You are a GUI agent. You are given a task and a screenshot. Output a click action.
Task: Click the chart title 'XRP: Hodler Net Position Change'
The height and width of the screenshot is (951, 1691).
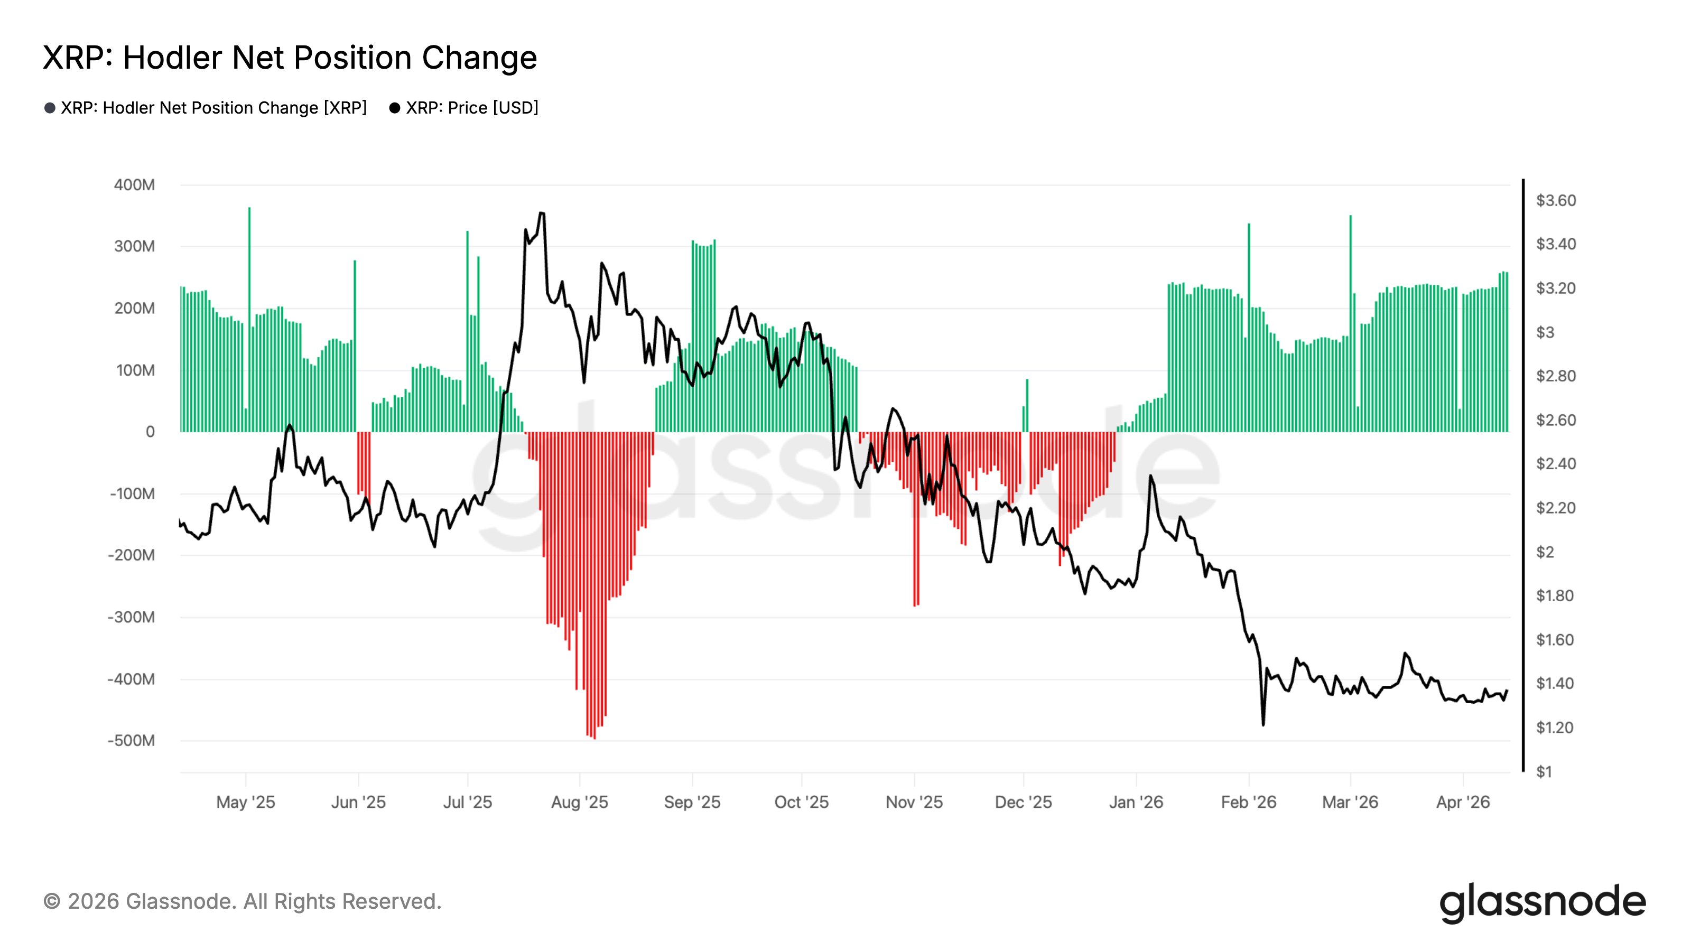tap(290, 58)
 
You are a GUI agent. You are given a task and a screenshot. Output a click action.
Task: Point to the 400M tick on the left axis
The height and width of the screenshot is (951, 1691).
tap(135, 185)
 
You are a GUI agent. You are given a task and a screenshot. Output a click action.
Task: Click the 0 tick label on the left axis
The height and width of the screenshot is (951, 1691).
tap(150, 432)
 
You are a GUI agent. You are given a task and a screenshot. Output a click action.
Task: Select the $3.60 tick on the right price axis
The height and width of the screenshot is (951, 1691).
tap(1556, 200)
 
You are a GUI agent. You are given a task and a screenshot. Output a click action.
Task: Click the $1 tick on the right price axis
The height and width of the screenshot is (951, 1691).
tap(1545, 772)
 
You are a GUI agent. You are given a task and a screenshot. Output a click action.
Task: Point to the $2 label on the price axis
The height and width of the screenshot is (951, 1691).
tap(1545, 552)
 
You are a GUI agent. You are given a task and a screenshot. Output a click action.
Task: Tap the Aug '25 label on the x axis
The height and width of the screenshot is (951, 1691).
tap(580, 802)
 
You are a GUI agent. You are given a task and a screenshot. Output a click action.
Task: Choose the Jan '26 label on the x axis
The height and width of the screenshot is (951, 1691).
tap(1136, 802)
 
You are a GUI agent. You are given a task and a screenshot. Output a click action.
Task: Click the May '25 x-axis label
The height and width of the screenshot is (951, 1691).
tap(246, 802)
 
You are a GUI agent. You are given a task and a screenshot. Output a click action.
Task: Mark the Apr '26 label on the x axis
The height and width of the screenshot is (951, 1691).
tap(1463, 802)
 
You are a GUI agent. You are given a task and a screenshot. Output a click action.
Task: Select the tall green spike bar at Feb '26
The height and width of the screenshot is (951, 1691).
tap(1249, 328)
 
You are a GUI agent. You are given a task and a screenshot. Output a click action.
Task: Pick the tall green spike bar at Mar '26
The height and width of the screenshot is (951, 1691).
tap(1350, 322)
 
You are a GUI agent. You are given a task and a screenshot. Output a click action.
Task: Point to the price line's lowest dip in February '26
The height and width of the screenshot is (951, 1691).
tap(1263, 724)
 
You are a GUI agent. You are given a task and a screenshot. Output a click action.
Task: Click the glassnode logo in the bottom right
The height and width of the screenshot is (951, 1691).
tap(1543, 903)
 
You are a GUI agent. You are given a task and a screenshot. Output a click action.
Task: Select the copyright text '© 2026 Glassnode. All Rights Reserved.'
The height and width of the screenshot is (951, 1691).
tap(242, 902)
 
